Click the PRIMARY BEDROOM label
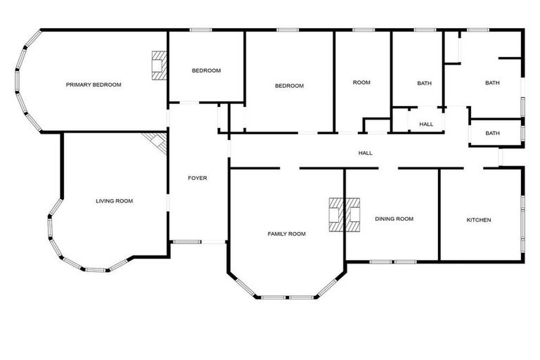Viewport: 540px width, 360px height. [x=94, y=84]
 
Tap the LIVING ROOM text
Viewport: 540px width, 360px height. [x=114, y=201]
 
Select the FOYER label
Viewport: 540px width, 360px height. [x=198, y=178]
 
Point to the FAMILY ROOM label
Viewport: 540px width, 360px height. [x=286, y=233]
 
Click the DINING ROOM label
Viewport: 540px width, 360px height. [x=394, y=219]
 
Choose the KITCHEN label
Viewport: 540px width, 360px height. [x=479, y=220]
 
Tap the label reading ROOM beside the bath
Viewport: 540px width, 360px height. [x=361, y=83]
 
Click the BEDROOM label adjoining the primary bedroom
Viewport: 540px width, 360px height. [x=207, y=70]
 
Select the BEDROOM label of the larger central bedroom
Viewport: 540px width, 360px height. [x=289, y=86]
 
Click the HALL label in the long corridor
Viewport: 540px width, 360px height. [x=366, y=153]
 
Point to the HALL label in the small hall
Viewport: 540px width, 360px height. [x=426, y=124]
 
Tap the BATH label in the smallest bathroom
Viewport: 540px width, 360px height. [x=492, y=133]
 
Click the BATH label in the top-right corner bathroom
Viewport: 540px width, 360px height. [x=492, y=83]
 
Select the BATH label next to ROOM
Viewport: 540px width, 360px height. [x=424, y=83]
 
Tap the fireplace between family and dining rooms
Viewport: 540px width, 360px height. [x=345, y=214]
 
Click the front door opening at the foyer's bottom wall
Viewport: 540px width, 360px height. [x=198, y=242]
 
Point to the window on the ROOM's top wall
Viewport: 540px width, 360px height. [x=363, y=30]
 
